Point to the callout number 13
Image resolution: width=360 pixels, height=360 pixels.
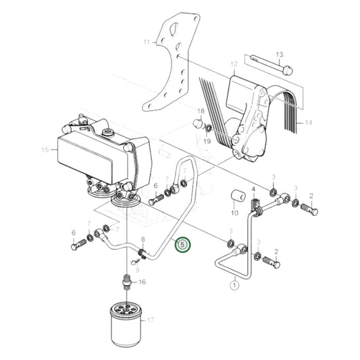point(280,53)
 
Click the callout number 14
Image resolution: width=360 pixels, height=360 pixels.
point(309,123)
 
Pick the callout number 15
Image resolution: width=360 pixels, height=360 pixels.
point(45,149)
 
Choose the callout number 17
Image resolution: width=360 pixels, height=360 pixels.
point(150,321)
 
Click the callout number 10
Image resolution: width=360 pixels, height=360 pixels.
point(234,213)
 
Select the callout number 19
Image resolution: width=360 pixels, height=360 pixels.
point(207,141)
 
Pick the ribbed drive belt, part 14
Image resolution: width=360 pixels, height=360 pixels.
point(284,108)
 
